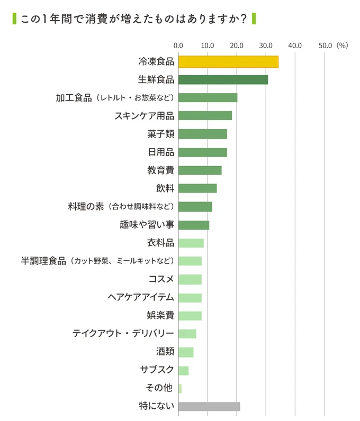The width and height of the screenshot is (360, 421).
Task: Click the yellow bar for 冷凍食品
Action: click(x=228, y=61)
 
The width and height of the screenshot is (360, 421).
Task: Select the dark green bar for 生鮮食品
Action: click(x=223, y=80)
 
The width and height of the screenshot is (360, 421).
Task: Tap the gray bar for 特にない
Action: click(x=209, y=406)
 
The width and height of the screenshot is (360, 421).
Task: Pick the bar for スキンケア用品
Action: click(x=205, y=116)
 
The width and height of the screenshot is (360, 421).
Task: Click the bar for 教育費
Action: click(x=200, y=170)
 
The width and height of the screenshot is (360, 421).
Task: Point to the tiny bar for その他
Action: click(x=180, y=388)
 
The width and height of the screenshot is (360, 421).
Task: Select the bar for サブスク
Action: click(x=183, y=370)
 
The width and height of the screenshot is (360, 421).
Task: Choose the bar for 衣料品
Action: click(x=191, y=243)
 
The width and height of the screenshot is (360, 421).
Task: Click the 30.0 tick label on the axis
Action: click(x=266, y=45)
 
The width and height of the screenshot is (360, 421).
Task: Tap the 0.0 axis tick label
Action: click(x=178, y=45)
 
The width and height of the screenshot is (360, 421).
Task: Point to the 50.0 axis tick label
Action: click(x=325, y=45)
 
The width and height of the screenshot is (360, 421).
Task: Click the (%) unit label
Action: click(x=342, y=45)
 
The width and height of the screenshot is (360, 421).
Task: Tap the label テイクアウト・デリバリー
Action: click(x=123, y=334)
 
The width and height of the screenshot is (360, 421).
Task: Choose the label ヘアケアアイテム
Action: click(x=141, y=297)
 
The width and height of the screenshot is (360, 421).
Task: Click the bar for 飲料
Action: click(x=197, y=188)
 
